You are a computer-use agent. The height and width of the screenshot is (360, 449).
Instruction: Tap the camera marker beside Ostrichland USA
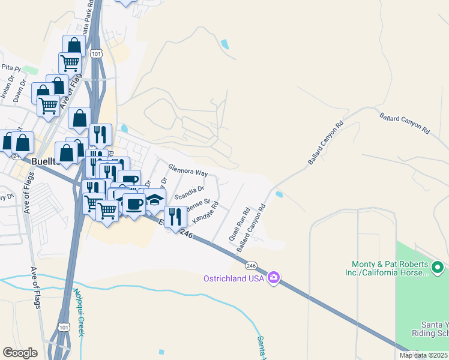point(274,277)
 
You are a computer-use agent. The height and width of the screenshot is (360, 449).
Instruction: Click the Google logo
point(20,353)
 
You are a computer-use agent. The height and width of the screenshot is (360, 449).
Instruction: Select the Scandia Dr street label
point(189,193)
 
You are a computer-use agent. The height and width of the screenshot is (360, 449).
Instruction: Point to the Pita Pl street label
point(11,67)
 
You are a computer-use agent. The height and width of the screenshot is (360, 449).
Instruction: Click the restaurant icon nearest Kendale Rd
point(175,217)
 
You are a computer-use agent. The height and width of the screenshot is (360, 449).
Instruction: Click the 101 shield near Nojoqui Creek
point(64,326)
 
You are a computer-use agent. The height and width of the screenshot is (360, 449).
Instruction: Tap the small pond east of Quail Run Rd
point(279,194)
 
